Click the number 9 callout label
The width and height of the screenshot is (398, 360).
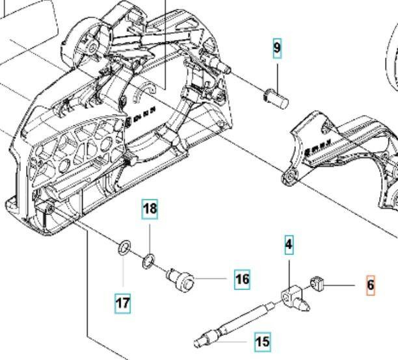click(x=277, y=49)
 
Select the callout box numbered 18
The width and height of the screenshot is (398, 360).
click(x=150, y=209)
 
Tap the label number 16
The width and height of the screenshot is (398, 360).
click(x=242, y=279)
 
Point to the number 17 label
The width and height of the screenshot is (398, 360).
click(x=122, y=302)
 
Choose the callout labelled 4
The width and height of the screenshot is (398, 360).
click(x=289, y=245)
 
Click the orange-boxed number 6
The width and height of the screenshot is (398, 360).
click(x=371, y=285)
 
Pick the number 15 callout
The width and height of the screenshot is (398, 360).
click(x=262, y=341)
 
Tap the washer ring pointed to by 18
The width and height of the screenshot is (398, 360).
click(x=149, y=261)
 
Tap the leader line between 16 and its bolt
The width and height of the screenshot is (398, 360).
click(x=213, y=279)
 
